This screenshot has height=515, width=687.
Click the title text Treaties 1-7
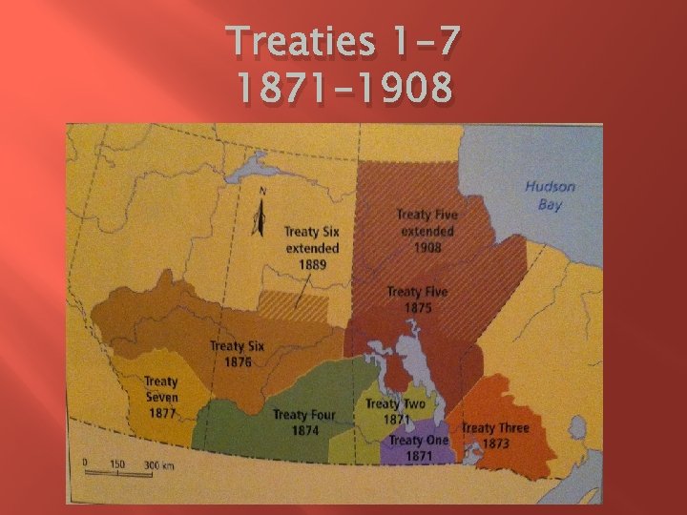click(344, 42)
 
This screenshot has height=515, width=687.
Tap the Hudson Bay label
click(550, 196)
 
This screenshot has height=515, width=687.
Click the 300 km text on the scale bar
click(158, 464)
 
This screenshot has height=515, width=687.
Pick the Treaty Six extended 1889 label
click(311, 247)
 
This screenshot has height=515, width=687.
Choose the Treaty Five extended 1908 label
click(427, 231)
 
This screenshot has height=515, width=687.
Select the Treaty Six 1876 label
click(237, 354)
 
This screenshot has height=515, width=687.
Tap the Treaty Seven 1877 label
click(161, 397)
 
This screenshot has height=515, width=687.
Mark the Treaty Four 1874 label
click(303, 422)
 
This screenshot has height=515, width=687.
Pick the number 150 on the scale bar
click(116, 464)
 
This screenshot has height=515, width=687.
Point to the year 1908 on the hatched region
click(427, 248)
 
